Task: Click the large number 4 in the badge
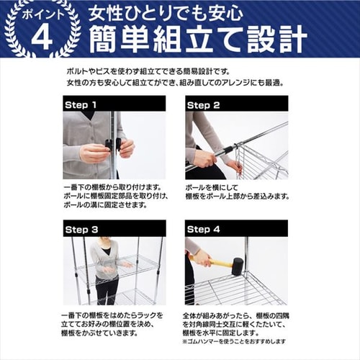[42, 37]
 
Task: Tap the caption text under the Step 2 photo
[234, 191]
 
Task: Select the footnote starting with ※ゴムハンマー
[235, 341]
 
